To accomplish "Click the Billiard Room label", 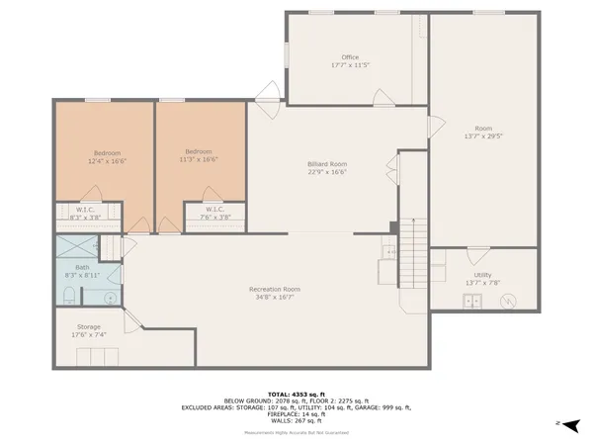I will tap(327, 163).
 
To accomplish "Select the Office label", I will tap(350, 57).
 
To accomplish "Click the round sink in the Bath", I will tap(112, 297).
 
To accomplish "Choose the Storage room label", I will tap(88, 327).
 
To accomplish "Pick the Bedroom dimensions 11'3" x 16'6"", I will tap(199, 159).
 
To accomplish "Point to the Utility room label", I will tap(482, 275).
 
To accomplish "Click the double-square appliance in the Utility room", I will tap(475, 302).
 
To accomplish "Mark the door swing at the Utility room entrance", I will tap(478, 254).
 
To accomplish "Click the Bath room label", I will tap(83, 268).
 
